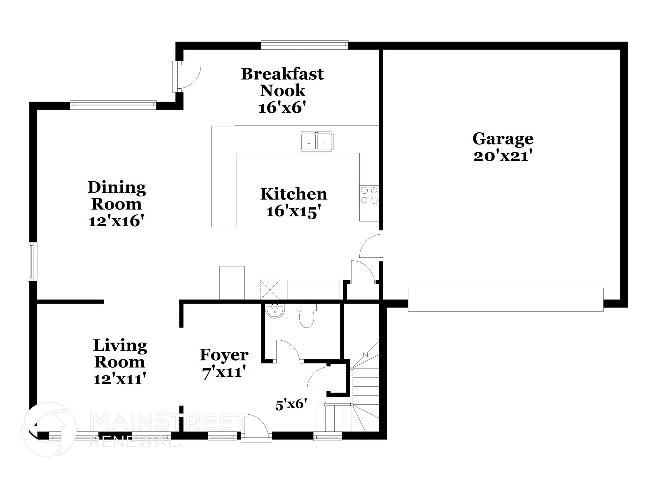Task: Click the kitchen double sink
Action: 316,141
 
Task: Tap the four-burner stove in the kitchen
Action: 369,195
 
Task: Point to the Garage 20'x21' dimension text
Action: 503,156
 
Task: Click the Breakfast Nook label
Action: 282,82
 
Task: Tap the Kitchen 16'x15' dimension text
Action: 293,211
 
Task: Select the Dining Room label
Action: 116,196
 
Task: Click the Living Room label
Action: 120,353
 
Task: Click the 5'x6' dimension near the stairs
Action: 291,404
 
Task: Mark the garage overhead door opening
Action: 505,300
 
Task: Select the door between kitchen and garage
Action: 371,247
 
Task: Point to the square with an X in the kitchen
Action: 270,290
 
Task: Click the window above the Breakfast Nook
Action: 304,45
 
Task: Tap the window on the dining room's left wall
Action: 32,261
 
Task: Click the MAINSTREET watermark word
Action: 168,422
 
